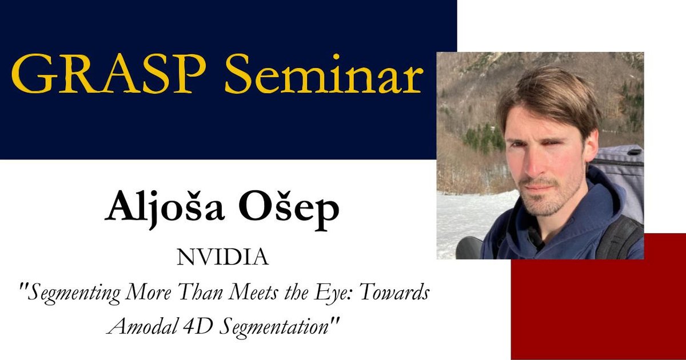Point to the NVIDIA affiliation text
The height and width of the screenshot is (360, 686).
click(x=222, y=258)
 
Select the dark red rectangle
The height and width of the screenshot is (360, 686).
click(x=597, y=309)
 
